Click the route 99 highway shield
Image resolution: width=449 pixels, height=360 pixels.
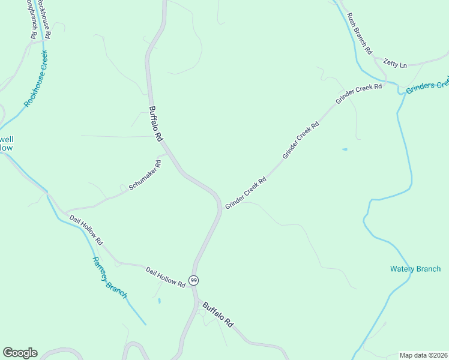193,280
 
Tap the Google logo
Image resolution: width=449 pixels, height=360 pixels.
20,353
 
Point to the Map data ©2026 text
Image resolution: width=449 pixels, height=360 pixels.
423,355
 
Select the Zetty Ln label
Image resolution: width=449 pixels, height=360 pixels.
395,63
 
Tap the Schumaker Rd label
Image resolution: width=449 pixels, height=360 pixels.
145,175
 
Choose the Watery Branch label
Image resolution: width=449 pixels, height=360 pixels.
415,269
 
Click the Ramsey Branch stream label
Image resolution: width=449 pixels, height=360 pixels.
109,277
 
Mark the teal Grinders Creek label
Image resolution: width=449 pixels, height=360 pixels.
427,86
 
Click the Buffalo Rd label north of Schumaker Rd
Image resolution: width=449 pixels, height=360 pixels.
156,124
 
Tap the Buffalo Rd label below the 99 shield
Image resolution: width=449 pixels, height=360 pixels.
217,314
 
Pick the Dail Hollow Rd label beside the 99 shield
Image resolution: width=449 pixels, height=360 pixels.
165,277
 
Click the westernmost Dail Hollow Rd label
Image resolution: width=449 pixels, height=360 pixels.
86,230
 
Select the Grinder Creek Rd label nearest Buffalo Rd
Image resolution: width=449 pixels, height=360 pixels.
246,193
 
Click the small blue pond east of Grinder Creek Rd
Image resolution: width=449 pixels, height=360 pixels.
345,149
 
